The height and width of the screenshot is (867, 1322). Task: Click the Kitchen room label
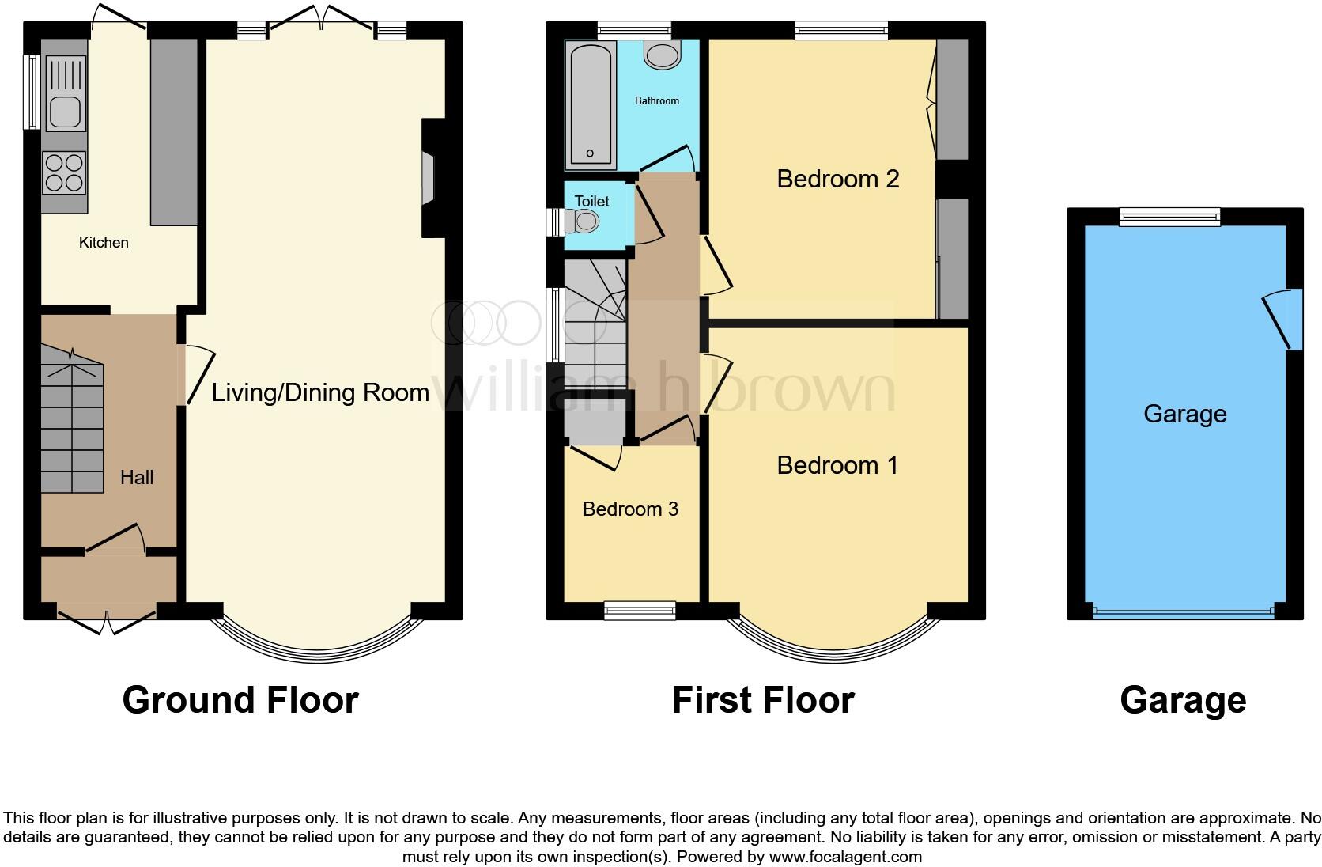click(x=104, y=242)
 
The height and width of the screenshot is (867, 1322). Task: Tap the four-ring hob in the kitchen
click(x=64, y=173)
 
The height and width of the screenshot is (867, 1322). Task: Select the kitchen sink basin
click(x=65, y=112)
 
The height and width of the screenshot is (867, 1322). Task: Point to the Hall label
click(x=137, y=477)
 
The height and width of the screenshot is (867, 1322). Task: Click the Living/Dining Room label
click(x=320, y=392)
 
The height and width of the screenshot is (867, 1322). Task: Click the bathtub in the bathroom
click(x=590, y=105)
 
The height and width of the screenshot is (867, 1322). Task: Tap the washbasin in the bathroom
click(x=662, y=55)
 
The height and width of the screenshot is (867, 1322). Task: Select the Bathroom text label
click(x=657, y=101)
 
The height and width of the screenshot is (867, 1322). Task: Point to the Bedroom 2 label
click(x=838, y=179)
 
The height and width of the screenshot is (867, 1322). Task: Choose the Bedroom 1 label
click(x=837, y=465)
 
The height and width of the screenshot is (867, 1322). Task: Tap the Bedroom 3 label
click(x=630, y=509)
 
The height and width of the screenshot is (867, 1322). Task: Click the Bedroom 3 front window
click(x=640, y=611)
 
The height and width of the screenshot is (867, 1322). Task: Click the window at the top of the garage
click(x=1169, y=217)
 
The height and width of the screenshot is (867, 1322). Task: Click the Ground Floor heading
click(x=241, y=700)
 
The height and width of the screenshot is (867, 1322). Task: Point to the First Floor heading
click(x=764, y=700)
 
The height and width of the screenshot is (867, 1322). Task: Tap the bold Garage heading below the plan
click(x=1184, y=701)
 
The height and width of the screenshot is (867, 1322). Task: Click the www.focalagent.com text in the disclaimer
click(x=846, y=857)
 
